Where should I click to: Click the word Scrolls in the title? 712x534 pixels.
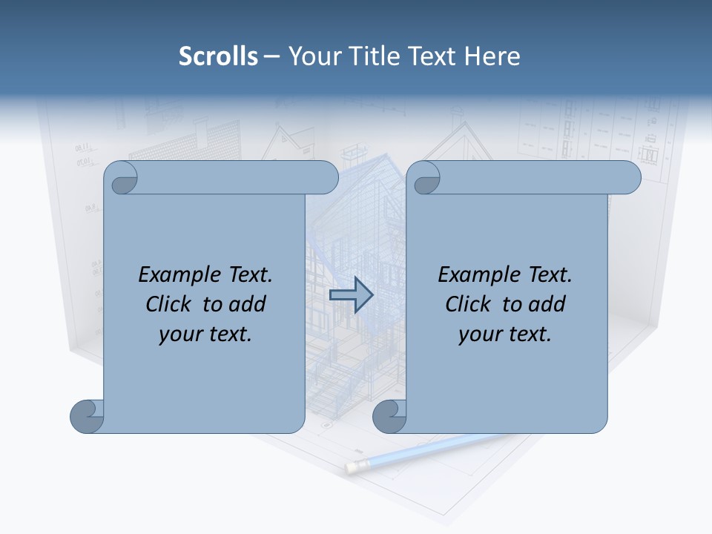point(219,56)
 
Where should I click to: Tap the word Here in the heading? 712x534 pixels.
point(492,56)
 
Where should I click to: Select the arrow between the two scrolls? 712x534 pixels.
point(351,295)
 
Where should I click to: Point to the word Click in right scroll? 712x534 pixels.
point(469,304)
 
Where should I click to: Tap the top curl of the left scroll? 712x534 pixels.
point(122,178)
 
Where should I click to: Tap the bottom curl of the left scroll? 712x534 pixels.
point(88,416)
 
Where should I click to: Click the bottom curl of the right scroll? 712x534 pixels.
point(389,416)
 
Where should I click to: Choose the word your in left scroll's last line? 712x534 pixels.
point(178,334)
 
